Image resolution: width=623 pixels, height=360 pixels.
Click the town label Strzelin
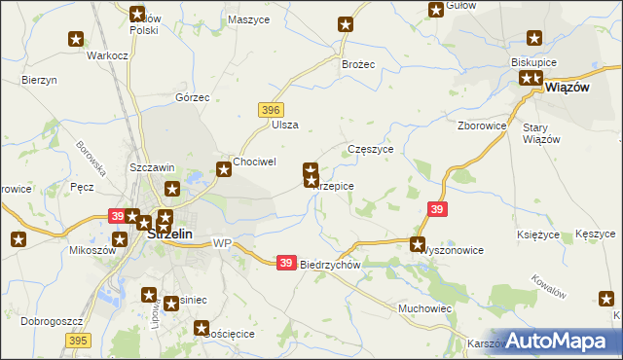[167, 234]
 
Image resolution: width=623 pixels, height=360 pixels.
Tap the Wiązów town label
[569, 87]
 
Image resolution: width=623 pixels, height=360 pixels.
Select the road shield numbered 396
[271, 110]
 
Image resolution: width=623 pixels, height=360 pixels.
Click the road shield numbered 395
[80, 340]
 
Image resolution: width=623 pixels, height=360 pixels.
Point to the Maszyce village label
[247, 19]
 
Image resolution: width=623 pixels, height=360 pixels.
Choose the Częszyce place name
[370, 150]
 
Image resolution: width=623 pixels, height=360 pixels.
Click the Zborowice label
[482, 126]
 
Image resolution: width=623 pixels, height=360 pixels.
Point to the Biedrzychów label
[331, 265]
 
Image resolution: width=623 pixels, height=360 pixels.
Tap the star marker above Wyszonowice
[418, 245]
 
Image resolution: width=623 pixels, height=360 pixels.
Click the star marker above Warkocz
[76, 39]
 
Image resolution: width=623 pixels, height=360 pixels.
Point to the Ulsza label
[285, 125]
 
